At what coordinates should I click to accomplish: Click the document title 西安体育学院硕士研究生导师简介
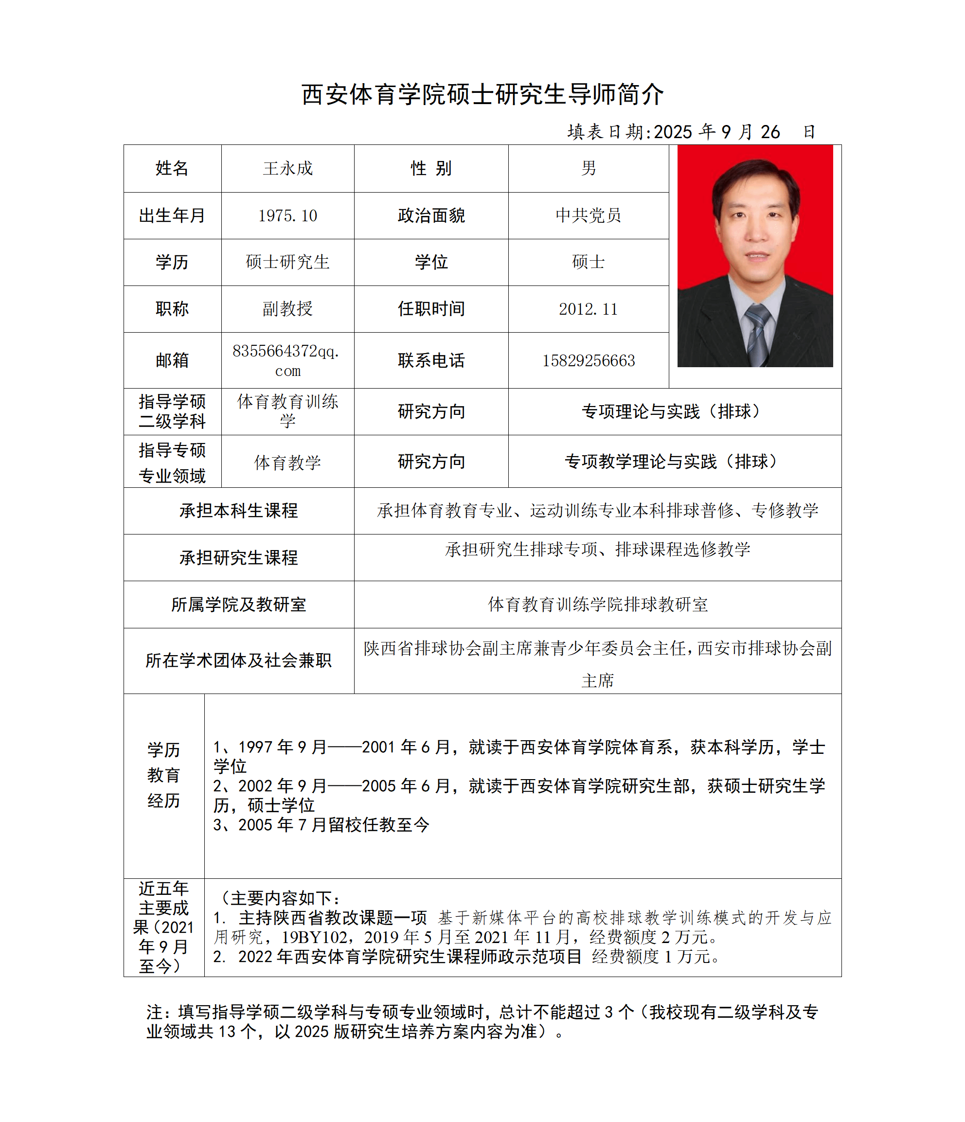(482, 94)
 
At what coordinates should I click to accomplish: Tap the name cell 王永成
(287, 168)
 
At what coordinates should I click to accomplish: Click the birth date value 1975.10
(287, 215)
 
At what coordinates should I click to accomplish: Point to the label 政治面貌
(431, 215)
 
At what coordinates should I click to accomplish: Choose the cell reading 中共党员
(588, 215)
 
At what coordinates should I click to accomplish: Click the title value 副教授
(287, 309)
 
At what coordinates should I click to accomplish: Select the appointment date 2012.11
(588, 309)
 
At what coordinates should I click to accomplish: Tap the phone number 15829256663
(588, 361)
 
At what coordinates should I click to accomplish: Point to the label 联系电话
(431, 361)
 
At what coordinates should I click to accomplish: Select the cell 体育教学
(287, 463)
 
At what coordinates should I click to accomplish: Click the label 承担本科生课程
(238, 511)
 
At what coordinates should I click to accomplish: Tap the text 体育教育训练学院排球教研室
(597, 605)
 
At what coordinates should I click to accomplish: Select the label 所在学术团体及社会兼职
(238, 660)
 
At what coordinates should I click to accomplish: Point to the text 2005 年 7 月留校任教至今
(334, 825)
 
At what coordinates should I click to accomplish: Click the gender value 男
(588, 168)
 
